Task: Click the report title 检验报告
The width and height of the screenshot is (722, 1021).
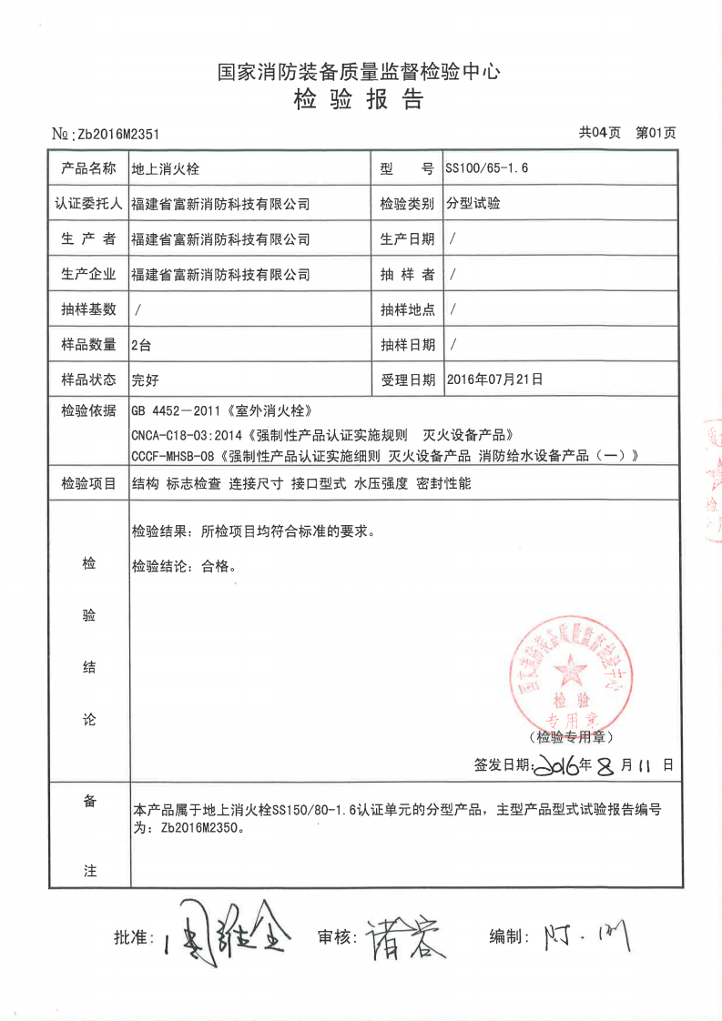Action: click(x=359, y=100)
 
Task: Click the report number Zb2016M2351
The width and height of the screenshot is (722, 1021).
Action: click(x=118, y=134)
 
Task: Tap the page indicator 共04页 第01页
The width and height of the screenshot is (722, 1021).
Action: click(x=627, y=133)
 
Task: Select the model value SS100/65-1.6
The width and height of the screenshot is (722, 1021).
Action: click(x=487, y=168)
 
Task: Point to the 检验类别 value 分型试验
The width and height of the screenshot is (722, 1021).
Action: click(x=473, y=204)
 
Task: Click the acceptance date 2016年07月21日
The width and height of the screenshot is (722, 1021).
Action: click(x=495, y=378)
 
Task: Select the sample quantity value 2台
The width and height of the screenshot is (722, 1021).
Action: click(x=141, y=344)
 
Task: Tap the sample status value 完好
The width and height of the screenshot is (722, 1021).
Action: click(x=145, y=379)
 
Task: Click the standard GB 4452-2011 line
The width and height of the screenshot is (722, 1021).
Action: click(x=227, y=410)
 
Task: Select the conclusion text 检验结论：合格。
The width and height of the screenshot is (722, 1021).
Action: click(x=184, y=566)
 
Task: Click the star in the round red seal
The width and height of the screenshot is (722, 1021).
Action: click(x=572, y=671)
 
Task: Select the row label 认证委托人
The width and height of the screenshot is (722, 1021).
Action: click(x=88, y=204)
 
